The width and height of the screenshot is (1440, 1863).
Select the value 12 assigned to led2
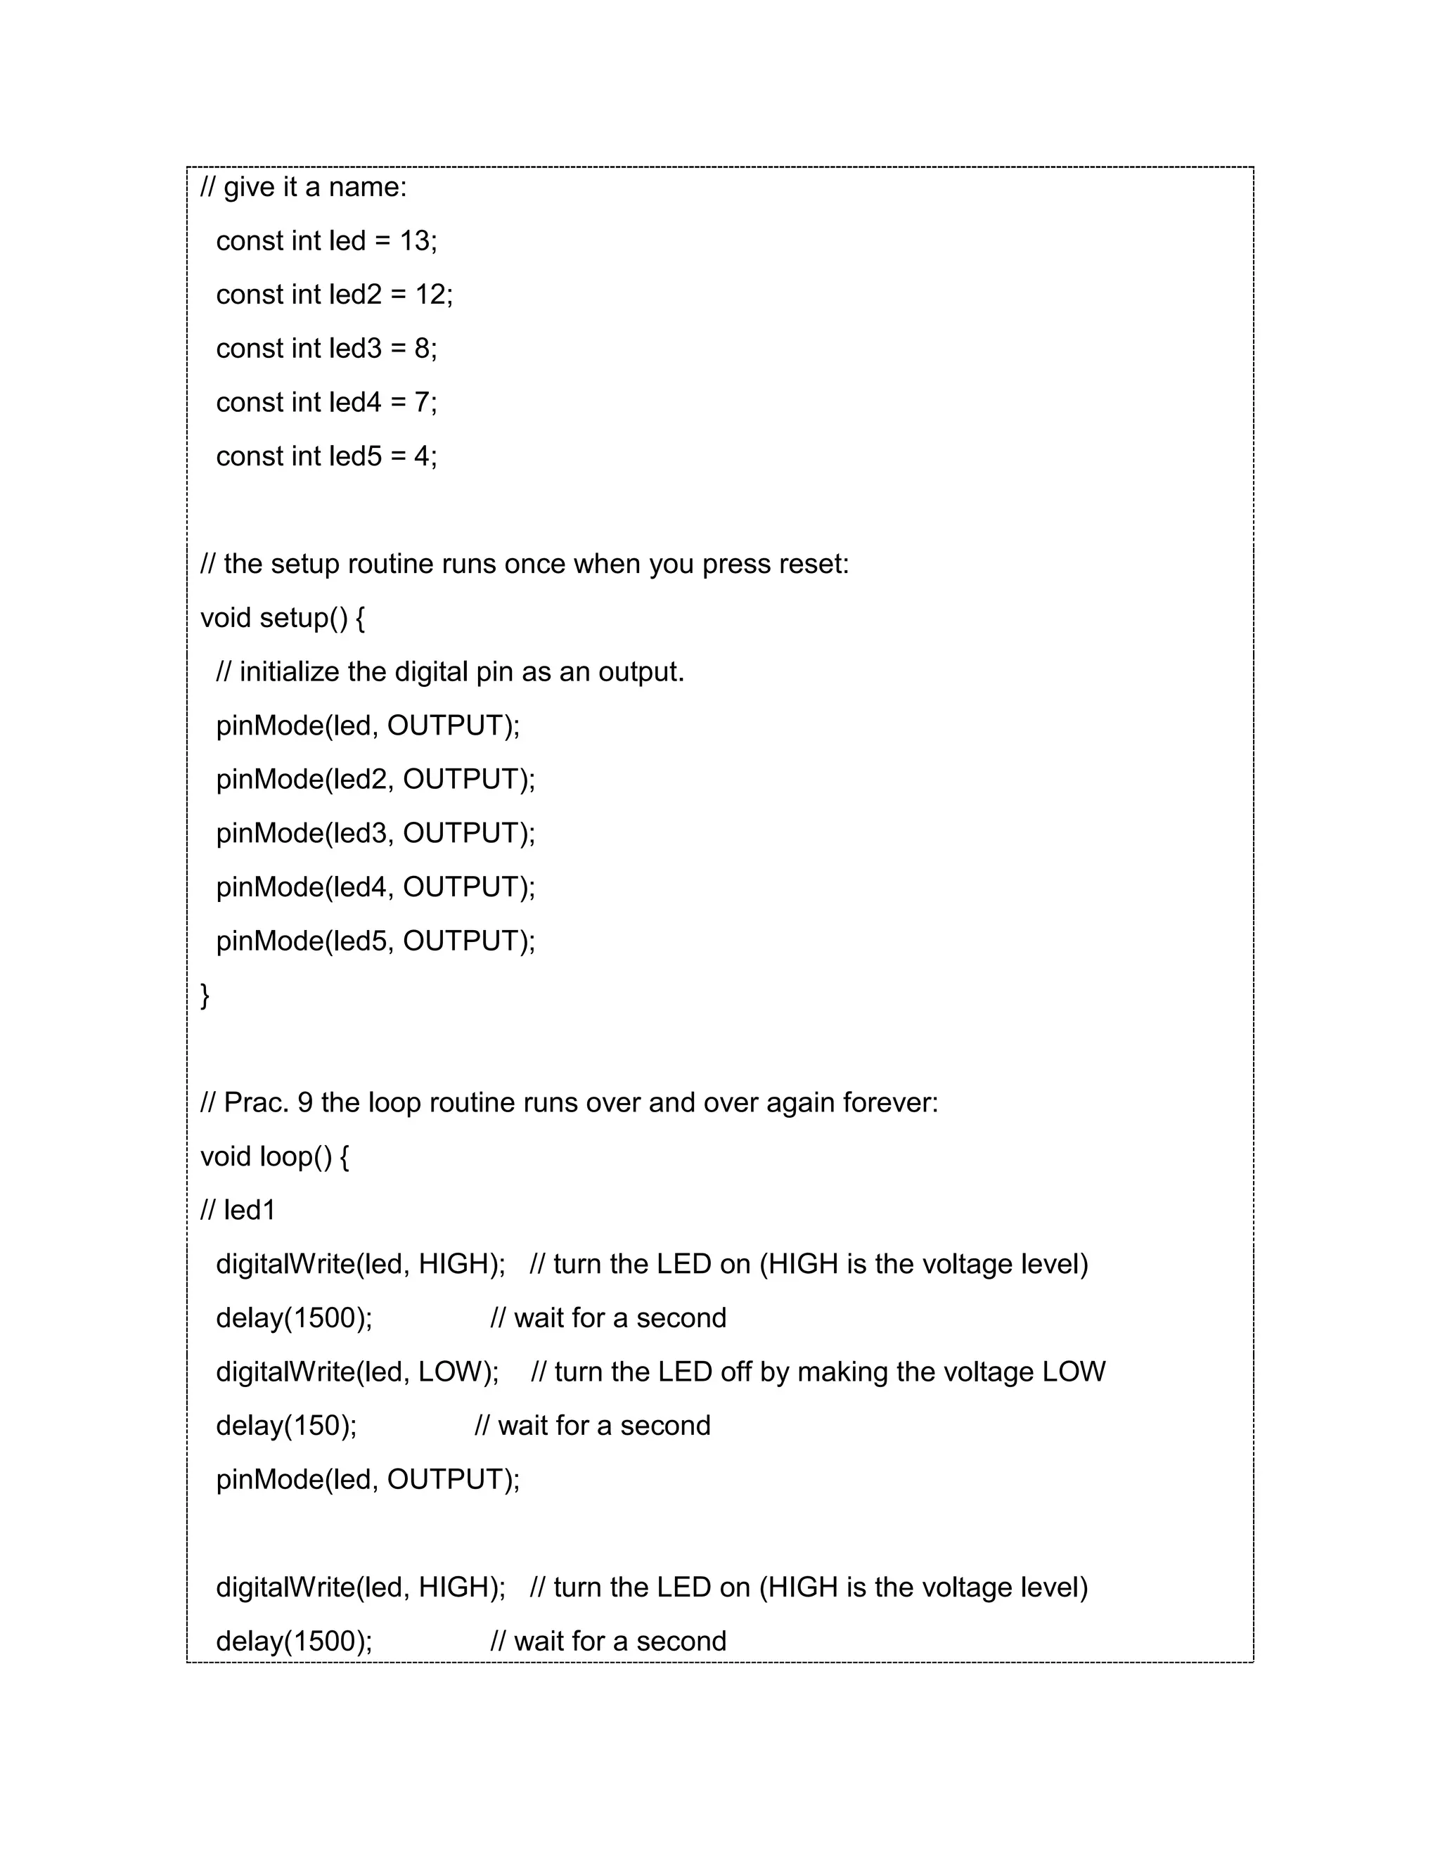(x=431, y=295)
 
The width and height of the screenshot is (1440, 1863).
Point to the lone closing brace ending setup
(x=205, y=995)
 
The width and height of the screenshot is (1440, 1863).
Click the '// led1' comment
(x=238, y=1211)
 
